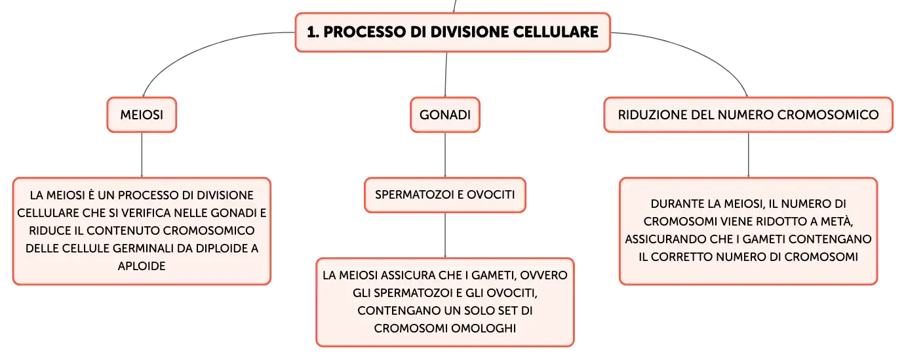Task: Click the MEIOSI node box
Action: point(142,115)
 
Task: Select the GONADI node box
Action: point(445,115)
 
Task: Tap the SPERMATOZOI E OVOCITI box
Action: point(445,195)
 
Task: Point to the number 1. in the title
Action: point(313,32)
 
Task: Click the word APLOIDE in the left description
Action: point(142,266)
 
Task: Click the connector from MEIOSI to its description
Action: point(142,155)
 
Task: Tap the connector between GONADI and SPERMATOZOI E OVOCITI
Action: point(445,155)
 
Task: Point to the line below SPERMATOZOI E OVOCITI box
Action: point(445,235)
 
